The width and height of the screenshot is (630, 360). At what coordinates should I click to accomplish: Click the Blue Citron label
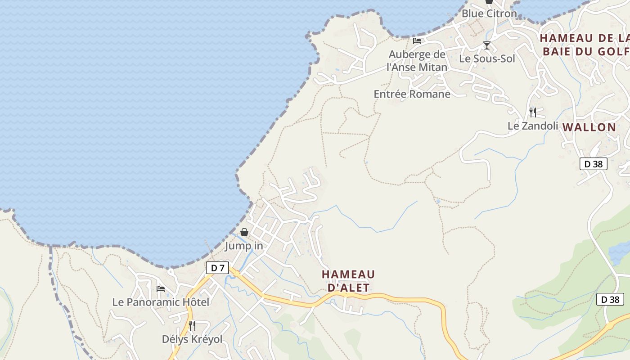tap(489, 13)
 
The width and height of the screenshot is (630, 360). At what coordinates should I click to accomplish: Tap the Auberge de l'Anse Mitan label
tap(417, 61)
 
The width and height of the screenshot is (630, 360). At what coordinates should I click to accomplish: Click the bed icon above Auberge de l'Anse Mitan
tap(417, 41)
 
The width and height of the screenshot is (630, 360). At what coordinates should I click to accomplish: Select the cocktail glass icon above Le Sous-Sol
tap(487, 45)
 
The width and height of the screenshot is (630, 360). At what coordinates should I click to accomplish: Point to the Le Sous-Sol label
tap(487, 58)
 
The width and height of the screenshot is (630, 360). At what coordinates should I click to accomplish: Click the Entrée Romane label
tap(412, 94)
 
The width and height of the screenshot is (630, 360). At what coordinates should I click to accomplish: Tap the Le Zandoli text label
tap(533, 126)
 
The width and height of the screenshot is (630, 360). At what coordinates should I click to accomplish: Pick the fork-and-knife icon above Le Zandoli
tap(533, 112)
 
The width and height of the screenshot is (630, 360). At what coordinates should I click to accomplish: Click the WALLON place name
tap(589, 127)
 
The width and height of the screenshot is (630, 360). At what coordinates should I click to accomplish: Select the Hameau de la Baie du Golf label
tap(585, 45)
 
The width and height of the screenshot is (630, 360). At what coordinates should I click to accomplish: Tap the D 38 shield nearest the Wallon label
tap(593, 164)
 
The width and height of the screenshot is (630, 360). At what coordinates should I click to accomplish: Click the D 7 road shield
tap(217, 268)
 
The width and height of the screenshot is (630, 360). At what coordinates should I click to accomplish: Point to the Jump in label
tap(244, 246)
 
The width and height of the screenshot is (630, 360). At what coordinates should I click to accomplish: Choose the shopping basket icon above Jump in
tap(244, 232)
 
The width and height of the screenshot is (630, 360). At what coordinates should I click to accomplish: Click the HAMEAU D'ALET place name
tap(348, 281)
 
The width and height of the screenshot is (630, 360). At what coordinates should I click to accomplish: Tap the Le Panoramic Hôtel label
tap(161, 302)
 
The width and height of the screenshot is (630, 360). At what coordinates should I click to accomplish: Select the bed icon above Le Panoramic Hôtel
tap(161, 288)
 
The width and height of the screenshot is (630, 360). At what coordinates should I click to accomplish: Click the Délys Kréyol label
tap(192, 339)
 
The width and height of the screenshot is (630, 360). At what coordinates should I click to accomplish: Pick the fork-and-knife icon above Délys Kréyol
tap(192, 325)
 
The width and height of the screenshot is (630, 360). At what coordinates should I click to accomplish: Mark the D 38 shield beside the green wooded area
tap(610, 299)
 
